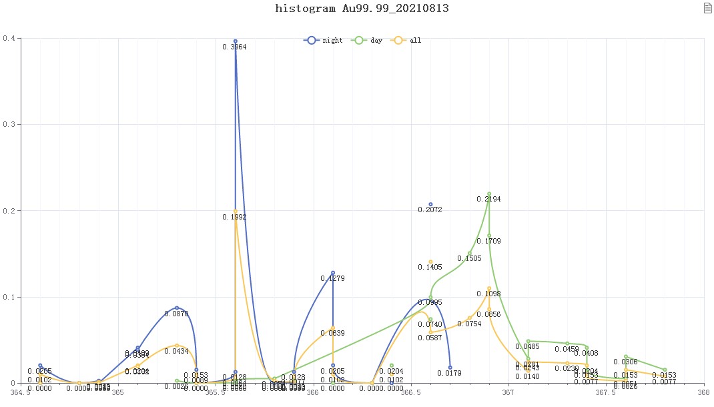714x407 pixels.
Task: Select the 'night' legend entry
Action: click(324, 41)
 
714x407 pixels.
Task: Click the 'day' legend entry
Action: click(368, 41)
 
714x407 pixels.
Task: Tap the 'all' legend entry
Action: click(407, 41)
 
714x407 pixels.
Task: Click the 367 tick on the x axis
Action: click(508, 394)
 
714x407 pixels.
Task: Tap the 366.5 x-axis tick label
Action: click(411, 394)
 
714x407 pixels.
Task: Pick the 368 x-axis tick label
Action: click(703, 394)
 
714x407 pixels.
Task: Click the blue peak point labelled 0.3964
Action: click(236, 41)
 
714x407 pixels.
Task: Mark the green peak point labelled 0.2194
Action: click(489, 193)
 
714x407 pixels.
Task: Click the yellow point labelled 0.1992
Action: click(236, 212)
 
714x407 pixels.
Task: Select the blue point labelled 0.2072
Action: click(430, 204)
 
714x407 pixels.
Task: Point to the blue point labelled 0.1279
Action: click(333, 273)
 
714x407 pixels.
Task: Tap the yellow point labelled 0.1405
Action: click(430, 262)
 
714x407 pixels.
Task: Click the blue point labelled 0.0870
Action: click(177, 308)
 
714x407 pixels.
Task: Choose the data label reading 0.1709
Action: click(489, 241)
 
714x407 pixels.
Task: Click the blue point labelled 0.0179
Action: click(450, 368)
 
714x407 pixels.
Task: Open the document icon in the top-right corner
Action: click(707, 8)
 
